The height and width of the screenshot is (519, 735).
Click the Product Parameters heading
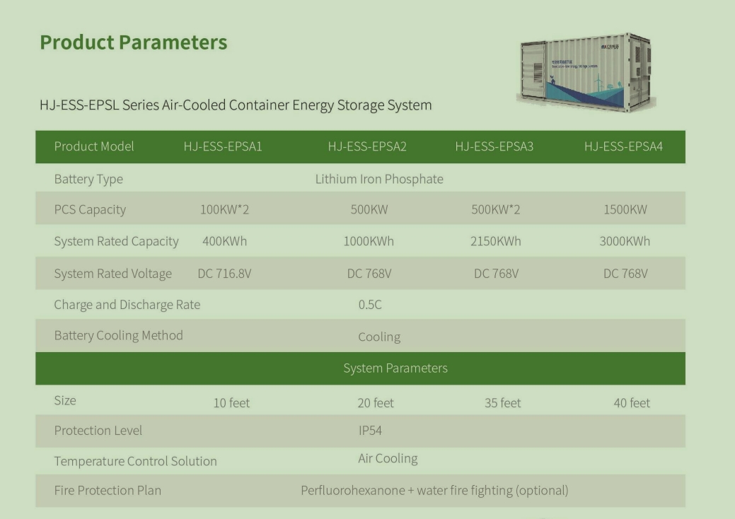point(134,42)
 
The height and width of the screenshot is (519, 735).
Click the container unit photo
point(586,73)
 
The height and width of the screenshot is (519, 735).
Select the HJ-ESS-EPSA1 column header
point(223,146)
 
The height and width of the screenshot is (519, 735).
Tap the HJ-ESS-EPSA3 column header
point(494,146)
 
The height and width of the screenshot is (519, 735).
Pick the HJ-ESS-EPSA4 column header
point(623,146)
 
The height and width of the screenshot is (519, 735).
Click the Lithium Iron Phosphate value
point(379,180)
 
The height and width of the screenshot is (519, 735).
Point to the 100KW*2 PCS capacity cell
point(224,209)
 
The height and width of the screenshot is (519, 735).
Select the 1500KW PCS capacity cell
point(625,209)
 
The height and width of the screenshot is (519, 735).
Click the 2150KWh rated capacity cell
point(495,241)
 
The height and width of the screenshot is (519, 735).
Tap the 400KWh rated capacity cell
point(224,241)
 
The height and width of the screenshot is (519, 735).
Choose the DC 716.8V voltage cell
point(224,274)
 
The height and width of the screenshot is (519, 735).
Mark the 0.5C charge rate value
point(370,305)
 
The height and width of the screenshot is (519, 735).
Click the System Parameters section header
point(395,368)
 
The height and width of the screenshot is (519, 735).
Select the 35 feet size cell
point(502,403)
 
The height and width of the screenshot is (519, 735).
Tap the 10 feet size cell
point(231,403)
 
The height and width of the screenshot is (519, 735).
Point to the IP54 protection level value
point(370,431)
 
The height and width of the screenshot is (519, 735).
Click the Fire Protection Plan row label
point(108,491)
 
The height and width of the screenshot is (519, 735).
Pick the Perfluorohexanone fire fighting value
point(434,491)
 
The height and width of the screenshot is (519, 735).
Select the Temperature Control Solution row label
point(135,462)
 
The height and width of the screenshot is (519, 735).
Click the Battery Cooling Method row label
point(118,336)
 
